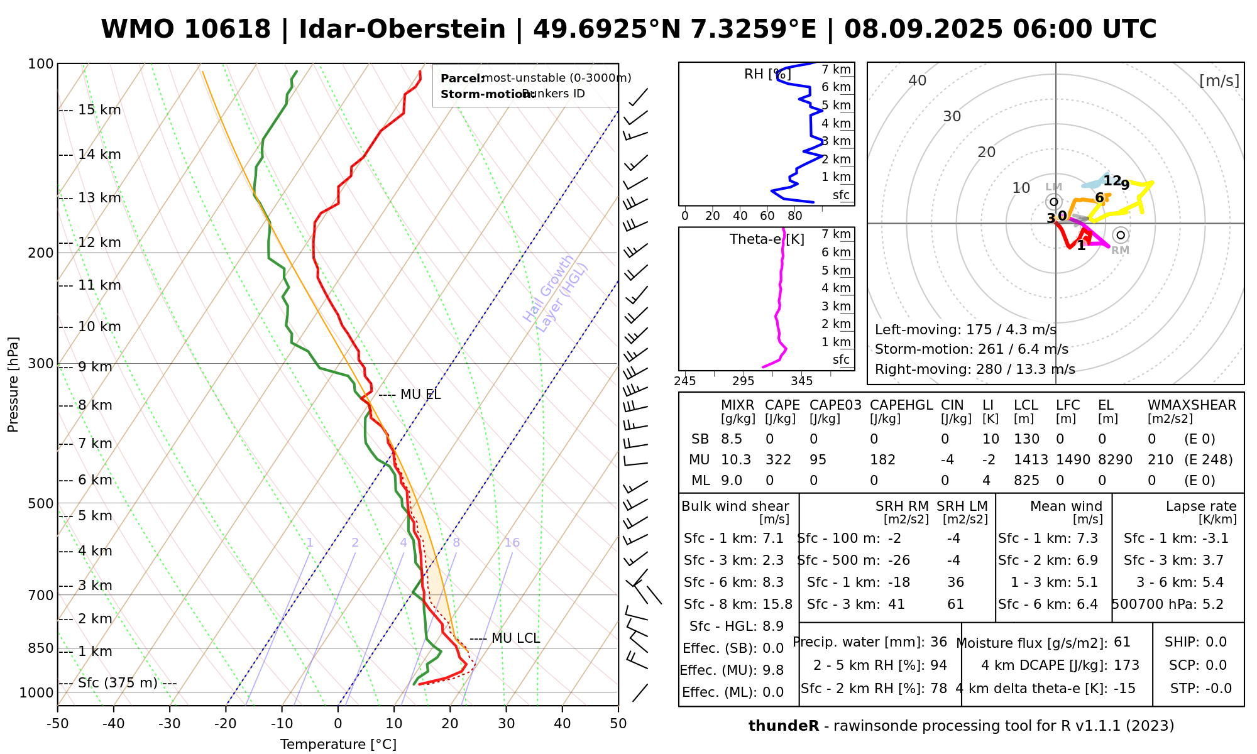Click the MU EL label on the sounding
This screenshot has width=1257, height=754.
click(420, 395)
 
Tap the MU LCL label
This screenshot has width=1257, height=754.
click(515, 638)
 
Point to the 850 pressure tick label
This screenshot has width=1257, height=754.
click(41, 648)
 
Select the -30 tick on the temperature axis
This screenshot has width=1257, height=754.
click(169, 723)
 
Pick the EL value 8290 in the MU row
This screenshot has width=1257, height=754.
click(1115, 459)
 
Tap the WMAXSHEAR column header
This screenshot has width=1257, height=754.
click(1192, 405)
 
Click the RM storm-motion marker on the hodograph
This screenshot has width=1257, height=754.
click(1120, 235)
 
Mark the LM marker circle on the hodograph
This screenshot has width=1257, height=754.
click(1054, 202)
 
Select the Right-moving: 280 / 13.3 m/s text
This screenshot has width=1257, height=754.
click(975, 369)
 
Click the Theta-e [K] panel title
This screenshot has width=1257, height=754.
click(767, 239)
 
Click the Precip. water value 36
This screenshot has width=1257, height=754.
click(938, 642)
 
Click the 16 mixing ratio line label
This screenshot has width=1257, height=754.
click(512, 543)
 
